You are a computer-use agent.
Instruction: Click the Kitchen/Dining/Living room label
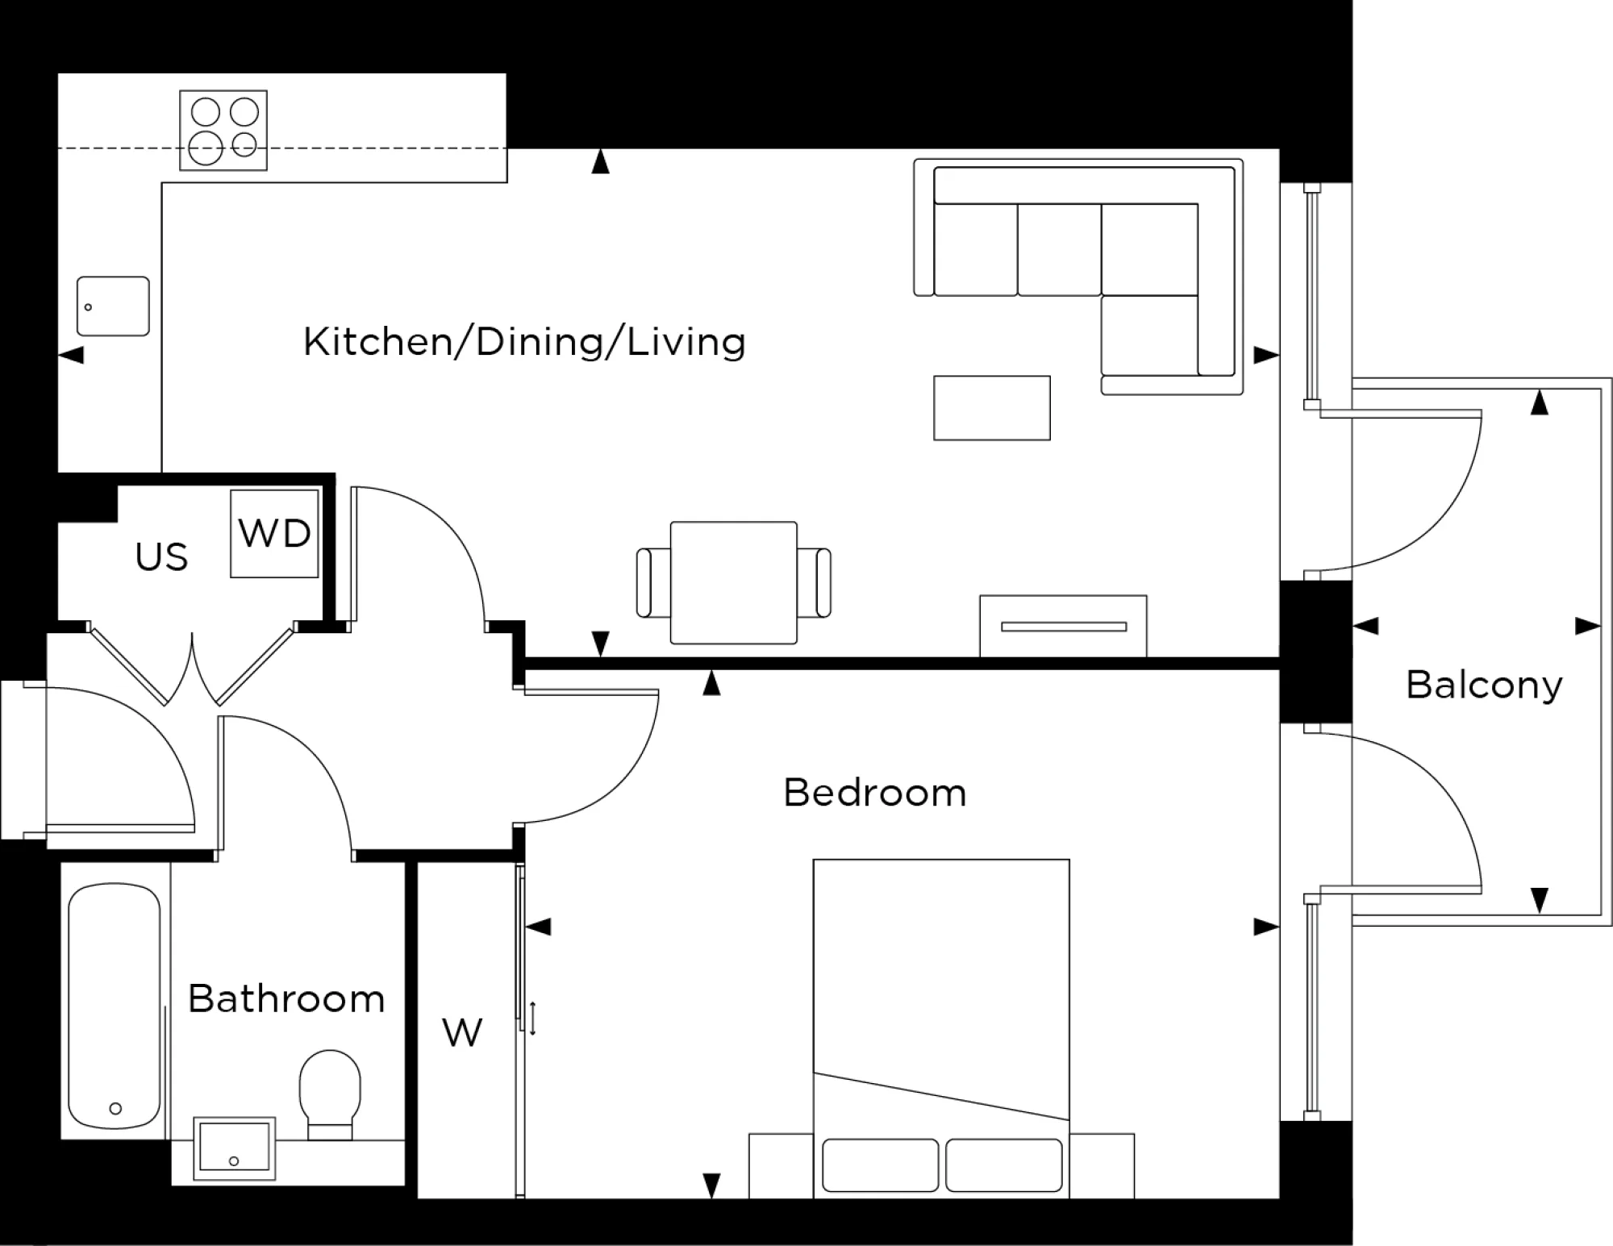tap(524, 342)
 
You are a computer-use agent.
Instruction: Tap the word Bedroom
tap(874, 793)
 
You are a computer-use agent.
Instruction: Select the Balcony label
tap(1484, 686)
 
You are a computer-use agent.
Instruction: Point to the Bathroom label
tap(286, 999)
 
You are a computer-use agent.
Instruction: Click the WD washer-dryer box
tap(274, 533)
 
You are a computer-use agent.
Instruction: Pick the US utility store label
tap(161, 557)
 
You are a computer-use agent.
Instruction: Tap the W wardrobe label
tap(462, 1033)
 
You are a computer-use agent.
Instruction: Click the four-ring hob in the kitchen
tap(223, 130)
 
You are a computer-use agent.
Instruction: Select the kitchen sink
tap(113, 306)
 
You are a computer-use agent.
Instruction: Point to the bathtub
tap(114, 1006)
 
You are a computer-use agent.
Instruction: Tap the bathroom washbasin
tap(235, 1148)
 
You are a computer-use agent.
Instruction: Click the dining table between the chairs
tap(733, 582)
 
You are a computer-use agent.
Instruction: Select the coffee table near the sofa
tap(991, 408)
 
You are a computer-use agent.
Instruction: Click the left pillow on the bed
tap(880, 1165)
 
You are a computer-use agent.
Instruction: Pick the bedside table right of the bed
tap(1102, 1165)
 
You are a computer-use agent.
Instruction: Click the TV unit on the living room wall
tap(1063, 626)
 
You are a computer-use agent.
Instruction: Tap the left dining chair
tap(652, 582)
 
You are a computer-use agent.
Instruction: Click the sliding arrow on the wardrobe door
tap(532, 1019)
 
